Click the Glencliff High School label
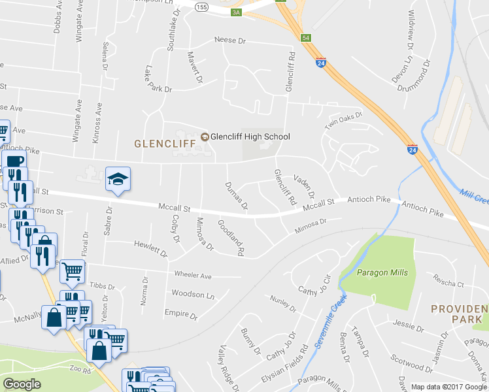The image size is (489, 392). click(250, 137)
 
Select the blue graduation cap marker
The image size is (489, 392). click(118, 180)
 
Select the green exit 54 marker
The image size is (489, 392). click(305, 38)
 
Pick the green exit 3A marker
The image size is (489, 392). click(236, 11)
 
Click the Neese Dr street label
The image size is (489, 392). click(229, 41)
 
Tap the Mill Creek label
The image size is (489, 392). click(474, 194)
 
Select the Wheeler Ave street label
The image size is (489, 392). click(193, 276)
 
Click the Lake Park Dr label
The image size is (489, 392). click(159, 79)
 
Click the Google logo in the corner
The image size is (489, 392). click(22, 384)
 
